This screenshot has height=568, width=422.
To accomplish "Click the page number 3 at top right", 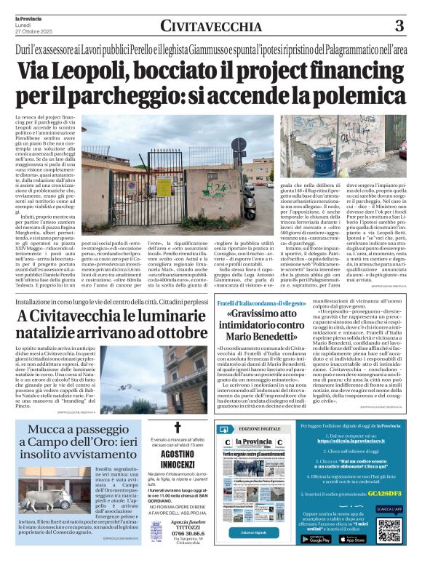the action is pos(399,26).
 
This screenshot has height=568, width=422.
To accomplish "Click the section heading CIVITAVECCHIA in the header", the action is pos(211,27).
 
